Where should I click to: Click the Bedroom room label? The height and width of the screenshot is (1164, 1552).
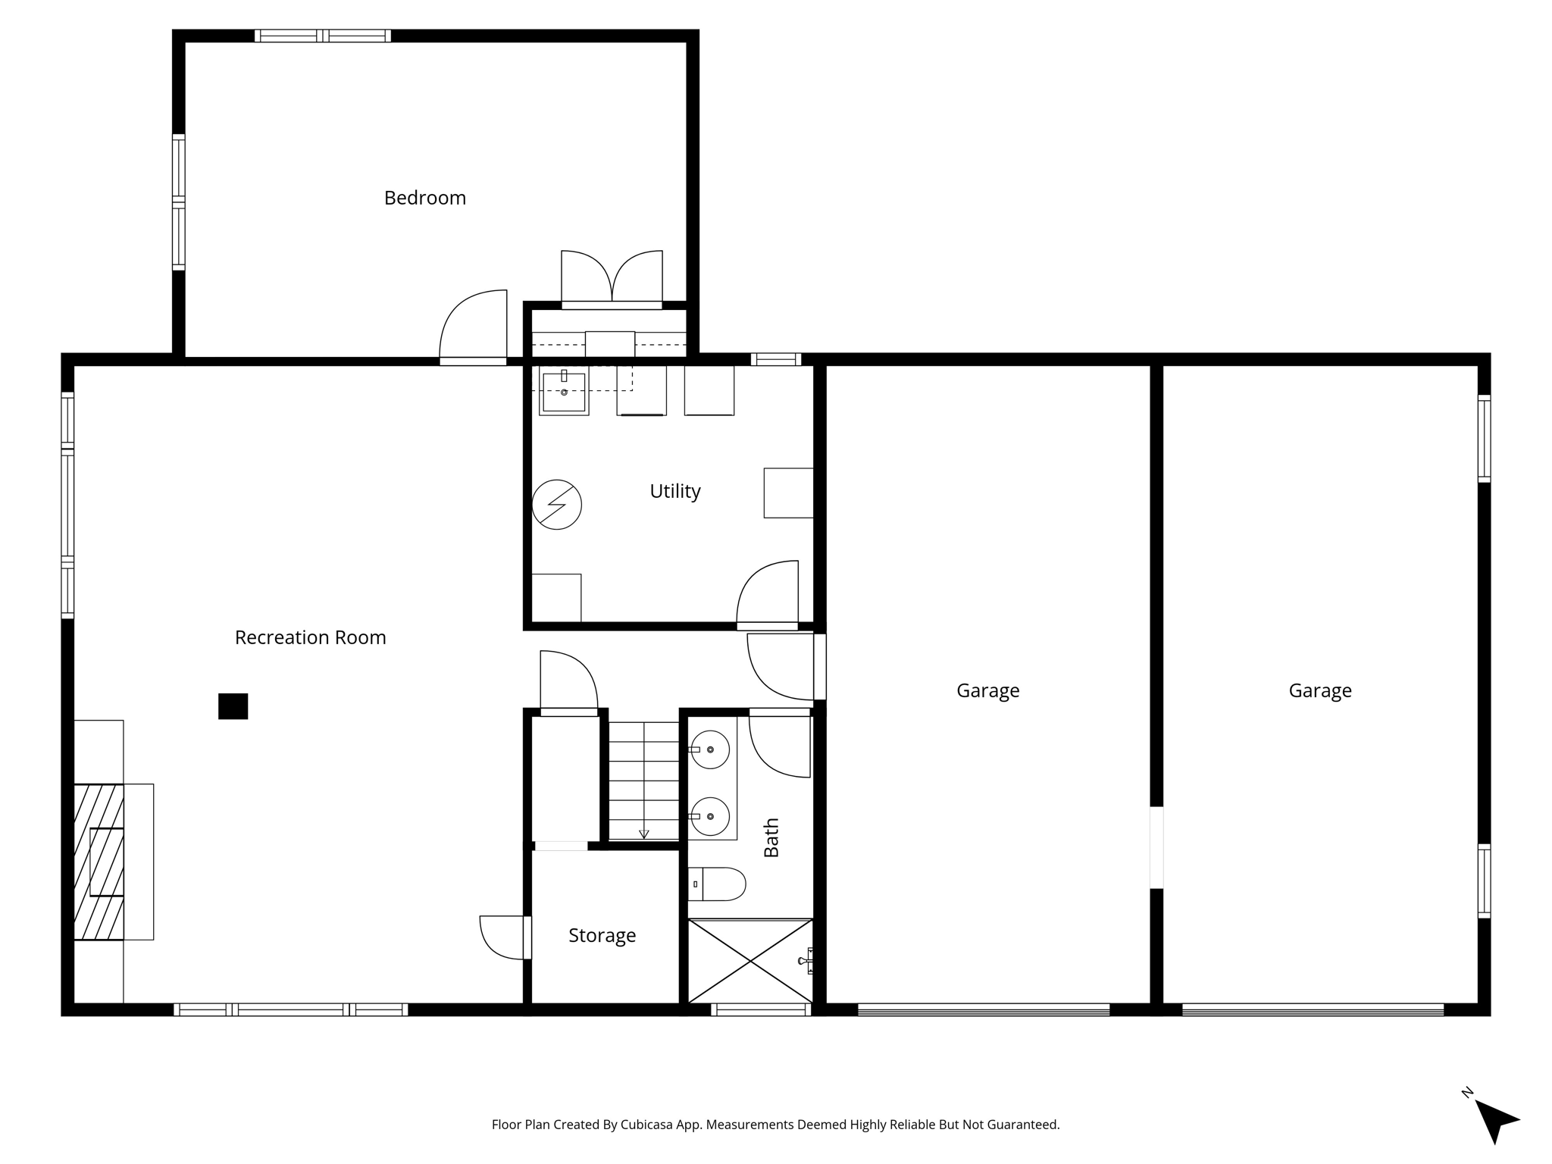click(x=424, y=198)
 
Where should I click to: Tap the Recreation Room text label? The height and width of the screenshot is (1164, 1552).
click(x=310, y=637)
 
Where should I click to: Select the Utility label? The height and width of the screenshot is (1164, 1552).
click(x=674, y=491)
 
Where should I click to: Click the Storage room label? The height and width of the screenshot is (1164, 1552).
click(x=602, y=935)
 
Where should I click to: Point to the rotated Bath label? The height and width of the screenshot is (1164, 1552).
click(x=771, y=837)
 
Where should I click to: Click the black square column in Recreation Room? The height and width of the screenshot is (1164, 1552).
click(x=233, y=706)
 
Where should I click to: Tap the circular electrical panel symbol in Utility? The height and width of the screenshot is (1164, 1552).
click(x=556, y=504)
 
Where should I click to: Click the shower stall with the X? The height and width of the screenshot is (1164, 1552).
click(x=749, y=961)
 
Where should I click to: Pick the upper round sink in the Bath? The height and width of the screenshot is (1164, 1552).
click(x=710, y=749)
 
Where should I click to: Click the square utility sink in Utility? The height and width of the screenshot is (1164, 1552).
click(x=564, y=391)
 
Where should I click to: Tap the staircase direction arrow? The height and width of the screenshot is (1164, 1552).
click(x=643, y=834)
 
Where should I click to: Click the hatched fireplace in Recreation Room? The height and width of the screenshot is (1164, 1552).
click(x=99, y=862)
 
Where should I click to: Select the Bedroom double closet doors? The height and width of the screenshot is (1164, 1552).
click(x=612, y=279)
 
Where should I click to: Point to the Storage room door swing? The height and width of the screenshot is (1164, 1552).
click(x=502, y=937)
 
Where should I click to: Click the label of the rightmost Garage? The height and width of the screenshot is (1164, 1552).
click(x=1319, y=690)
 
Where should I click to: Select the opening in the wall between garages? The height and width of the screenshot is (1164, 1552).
click(x=1156, y=846)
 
